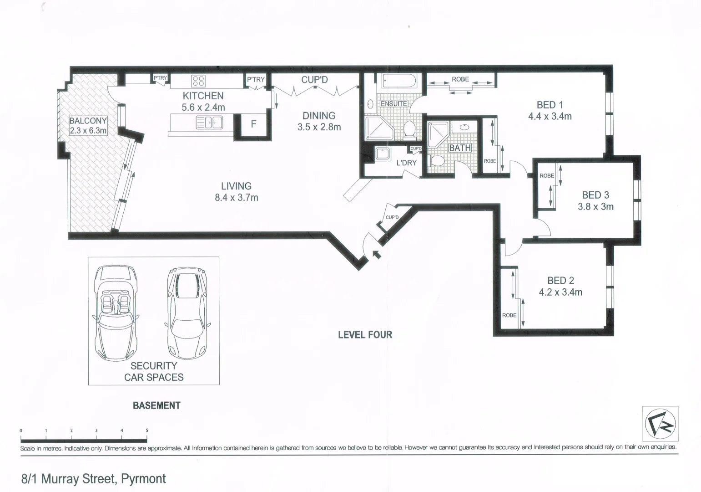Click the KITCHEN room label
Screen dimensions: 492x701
click(x=203, y=96)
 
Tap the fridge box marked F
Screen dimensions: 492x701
click(x=254, y=124)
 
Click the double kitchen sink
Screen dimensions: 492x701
click(x=209, y=123)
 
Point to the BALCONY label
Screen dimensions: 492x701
click(x=88, y=121)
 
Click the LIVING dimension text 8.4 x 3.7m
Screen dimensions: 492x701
click(x=237, y=198)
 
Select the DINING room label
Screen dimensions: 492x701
click(x=319, y=116)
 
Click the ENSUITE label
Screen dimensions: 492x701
click(x=393, y=104)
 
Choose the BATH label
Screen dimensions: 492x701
click(x=460, y=148)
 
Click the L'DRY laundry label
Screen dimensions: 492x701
click(x=406, y=163)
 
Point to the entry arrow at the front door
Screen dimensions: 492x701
click(x=376, y=254)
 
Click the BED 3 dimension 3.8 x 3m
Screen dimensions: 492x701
click(x=595, y=207)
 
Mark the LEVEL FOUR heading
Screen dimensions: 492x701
click(x=365, y=335)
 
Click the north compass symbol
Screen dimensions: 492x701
click(x=661, y=424)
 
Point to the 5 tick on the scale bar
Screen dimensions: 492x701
click(x=147, y=430)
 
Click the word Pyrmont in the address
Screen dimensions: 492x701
click(x=143, y=479)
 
